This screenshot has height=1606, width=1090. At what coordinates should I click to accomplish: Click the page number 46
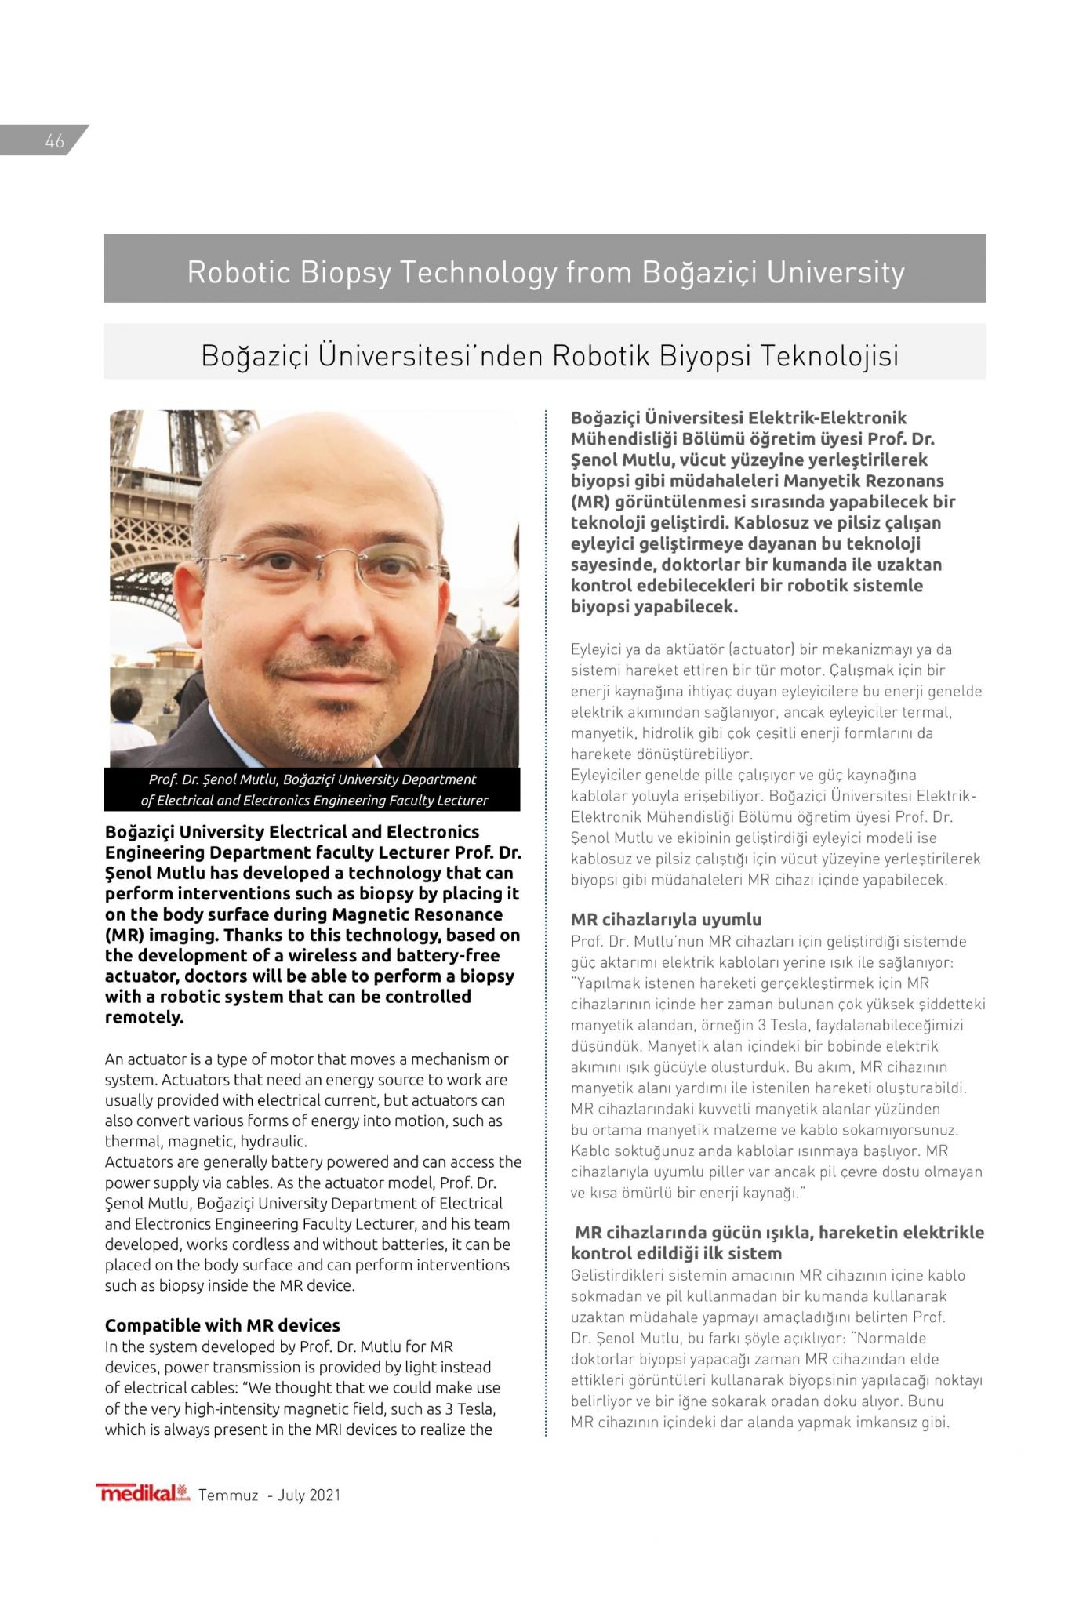(x=54, y=141)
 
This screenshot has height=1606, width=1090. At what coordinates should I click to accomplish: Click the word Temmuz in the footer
(x=228, y=1495)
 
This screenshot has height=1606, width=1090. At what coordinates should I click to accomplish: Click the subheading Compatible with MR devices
(x=223, y=1324)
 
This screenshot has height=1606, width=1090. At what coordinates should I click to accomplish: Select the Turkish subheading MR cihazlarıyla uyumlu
(x=666, y=919)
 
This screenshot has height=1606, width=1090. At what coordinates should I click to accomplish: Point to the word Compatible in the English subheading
(x=153, y=1324)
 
